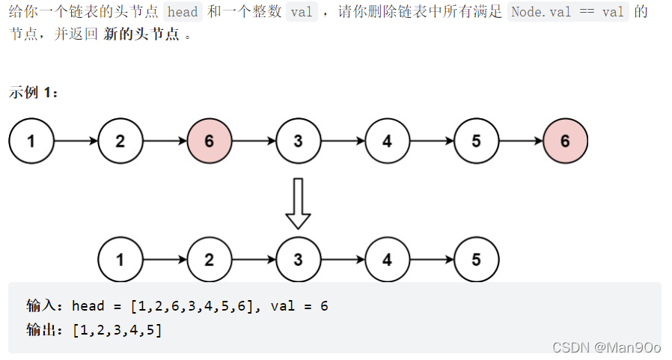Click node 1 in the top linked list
click(31, 140)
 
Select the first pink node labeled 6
click(209, 140)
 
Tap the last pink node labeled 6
click(565, 140)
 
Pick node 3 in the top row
click(298, 140)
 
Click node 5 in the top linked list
click(476, 140)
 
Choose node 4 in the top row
click(387, 140)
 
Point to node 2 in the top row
click(120, 140)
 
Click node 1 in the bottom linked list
click(120, 260)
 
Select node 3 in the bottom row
click(298, 260)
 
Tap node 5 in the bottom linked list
click(476, 260)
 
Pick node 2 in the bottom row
click(209, 260)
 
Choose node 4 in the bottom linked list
click(387, 260)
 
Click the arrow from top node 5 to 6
click(520, 140)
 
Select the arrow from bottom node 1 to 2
click(164, 260)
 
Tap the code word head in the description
click(183, 13)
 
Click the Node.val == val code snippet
click(567, 13)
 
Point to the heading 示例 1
click(34, 93)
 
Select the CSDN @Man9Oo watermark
click(606, 347)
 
